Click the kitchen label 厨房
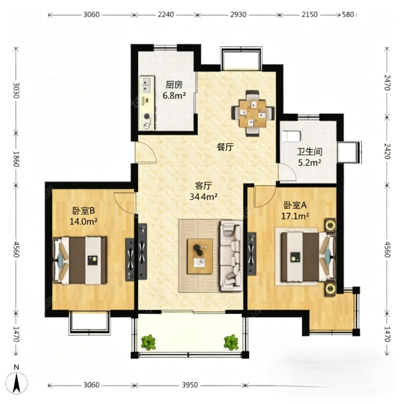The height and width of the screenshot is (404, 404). [174, 85]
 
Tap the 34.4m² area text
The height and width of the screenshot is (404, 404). [204, 196]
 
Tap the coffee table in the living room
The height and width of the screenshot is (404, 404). [199, 256]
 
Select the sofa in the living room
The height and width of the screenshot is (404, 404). [231, 256]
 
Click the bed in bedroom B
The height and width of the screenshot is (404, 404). [80, 260]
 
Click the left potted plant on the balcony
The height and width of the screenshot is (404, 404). [148, 342]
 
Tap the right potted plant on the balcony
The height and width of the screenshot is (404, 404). [231, 342]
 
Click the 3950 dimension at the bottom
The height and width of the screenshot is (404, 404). [190, 385]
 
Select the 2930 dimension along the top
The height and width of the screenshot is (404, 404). [238, 15]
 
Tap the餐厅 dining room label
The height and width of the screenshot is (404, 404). [225, 147]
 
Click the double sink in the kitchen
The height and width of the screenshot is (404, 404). [146, 84]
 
